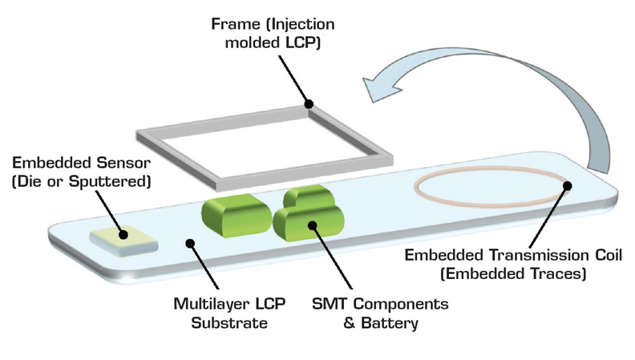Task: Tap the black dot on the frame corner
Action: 309,104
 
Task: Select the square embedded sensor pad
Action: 123,241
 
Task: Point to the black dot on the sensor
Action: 123,234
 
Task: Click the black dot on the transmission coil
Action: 568,185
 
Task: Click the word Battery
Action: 390,323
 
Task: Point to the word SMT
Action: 330,304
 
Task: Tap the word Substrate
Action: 229,323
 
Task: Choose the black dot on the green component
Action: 312,225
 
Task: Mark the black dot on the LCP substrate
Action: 190,244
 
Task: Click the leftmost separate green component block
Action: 236,215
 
